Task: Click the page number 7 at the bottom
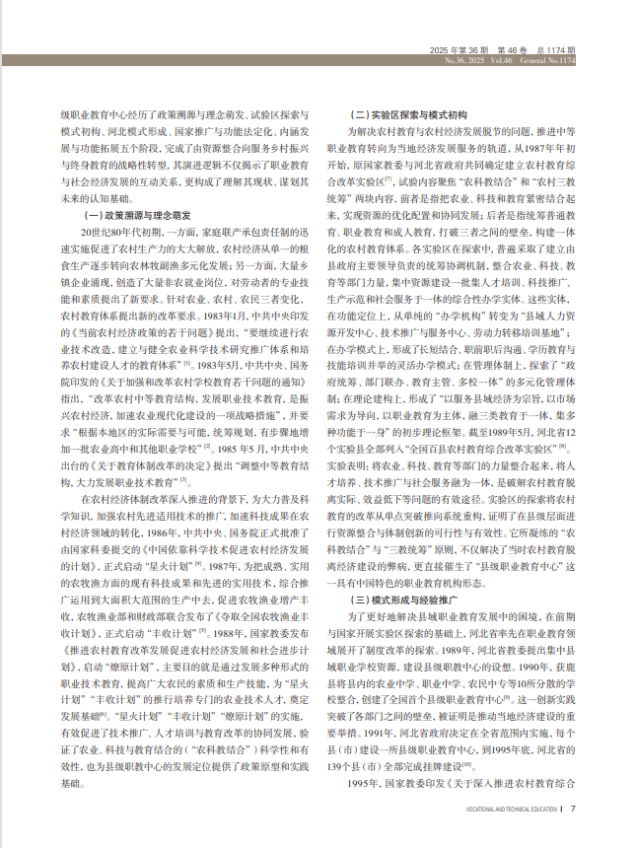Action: click(572, 810)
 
